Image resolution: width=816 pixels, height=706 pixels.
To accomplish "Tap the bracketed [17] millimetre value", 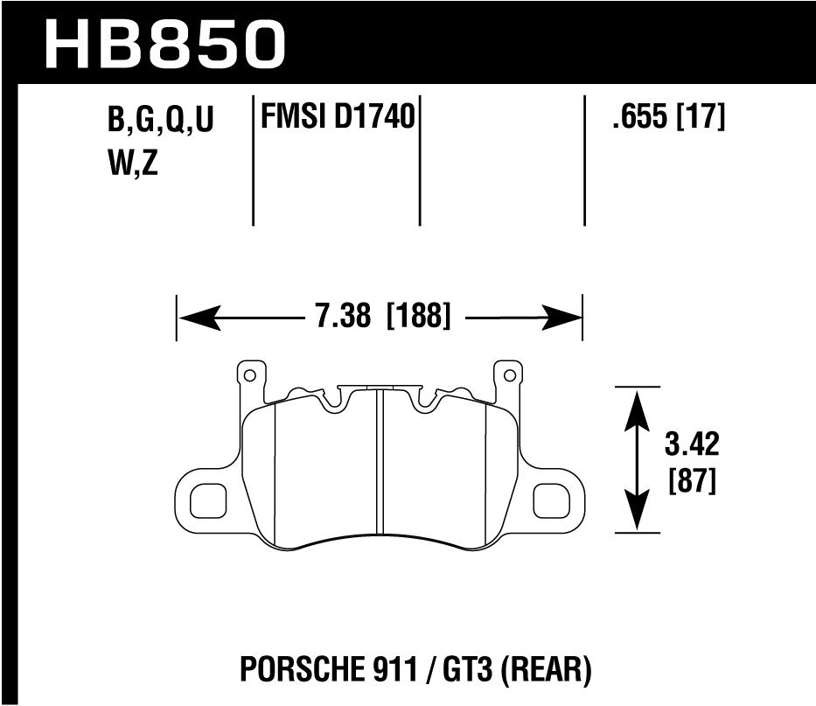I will coord(701,117).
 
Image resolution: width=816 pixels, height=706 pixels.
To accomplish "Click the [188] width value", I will coord(418,315).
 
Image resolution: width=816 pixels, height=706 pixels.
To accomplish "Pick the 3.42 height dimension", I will coord(691,445).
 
